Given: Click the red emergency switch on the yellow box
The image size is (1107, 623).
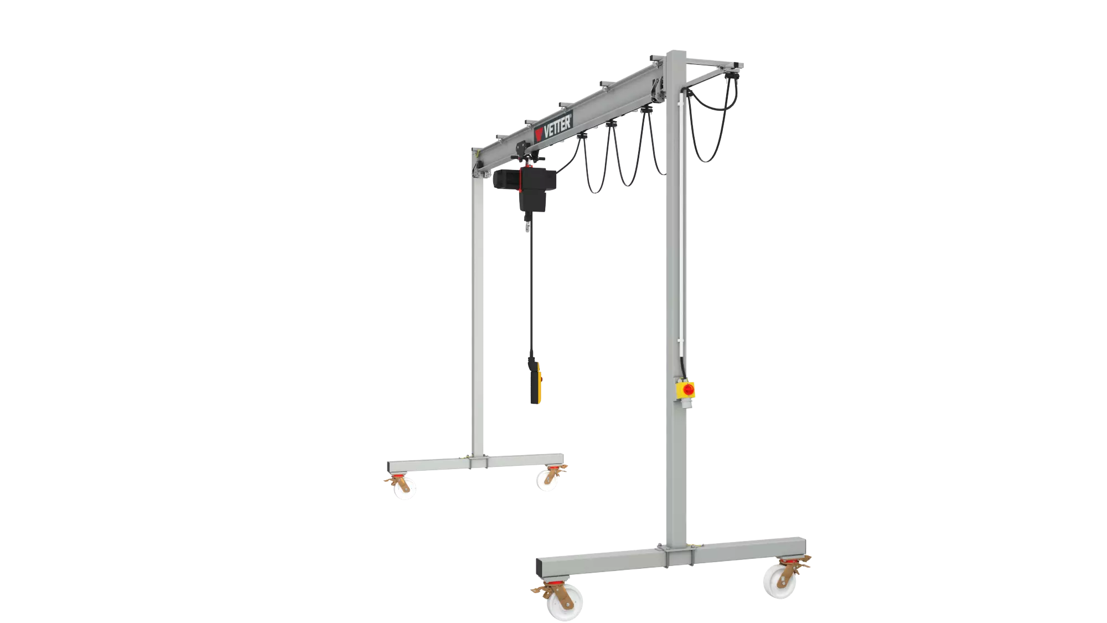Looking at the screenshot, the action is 688,389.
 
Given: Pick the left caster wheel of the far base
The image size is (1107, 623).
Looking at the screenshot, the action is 405,487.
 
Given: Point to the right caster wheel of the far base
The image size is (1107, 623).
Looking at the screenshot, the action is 546,480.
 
